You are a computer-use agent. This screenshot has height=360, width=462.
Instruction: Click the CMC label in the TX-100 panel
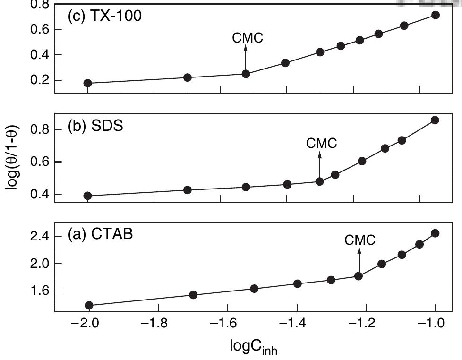click(x=248, y=38)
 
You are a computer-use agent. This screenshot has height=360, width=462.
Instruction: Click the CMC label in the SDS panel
click(x=322, y=143)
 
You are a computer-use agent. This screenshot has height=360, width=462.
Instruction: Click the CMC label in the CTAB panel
click(x=360, y=240)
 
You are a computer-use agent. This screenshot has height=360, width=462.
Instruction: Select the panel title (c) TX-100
click(x=104, y=16)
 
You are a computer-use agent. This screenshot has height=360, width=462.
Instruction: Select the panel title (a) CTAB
click(x=100, y=234)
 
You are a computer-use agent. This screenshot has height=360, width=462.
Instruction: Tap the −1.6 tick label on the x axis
click(x=224, y=326)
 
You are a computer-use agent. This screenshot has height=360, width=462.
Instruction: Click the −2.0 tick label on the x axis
click(x=86, y=326)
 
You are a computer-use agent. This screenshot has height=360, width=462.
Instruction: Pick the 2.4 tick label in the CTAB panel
click(x=39, y=236)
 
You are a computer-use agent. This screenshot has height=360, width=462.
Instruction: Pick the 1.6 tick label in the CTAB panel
click(x=39, y=291)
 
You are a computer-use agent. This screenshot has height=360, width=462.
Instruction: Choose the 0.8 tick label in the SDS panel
click(x=39, y=129)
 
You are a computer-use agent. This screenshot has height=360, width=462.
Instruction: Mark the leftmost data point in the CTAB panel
click(x=89, y=305)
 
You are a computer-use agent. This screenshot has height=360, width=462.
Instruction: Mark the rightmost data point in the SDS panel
click(x=435, y=120)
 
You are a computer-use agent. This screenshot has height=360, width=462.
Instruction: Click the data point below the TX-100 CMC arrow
click(x=246, y=74)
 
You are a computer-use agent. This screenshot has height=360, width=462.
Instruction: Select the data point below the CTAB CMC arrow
click(x=359, y=276)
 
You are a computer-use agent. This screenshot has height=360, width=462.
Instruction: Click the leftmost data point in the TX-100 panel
click(x=87, y=83)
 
